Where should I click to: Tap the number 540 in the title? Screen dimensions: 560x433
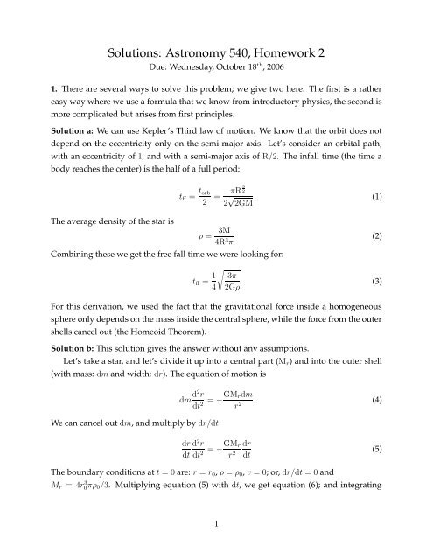(x=250, y=27)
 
